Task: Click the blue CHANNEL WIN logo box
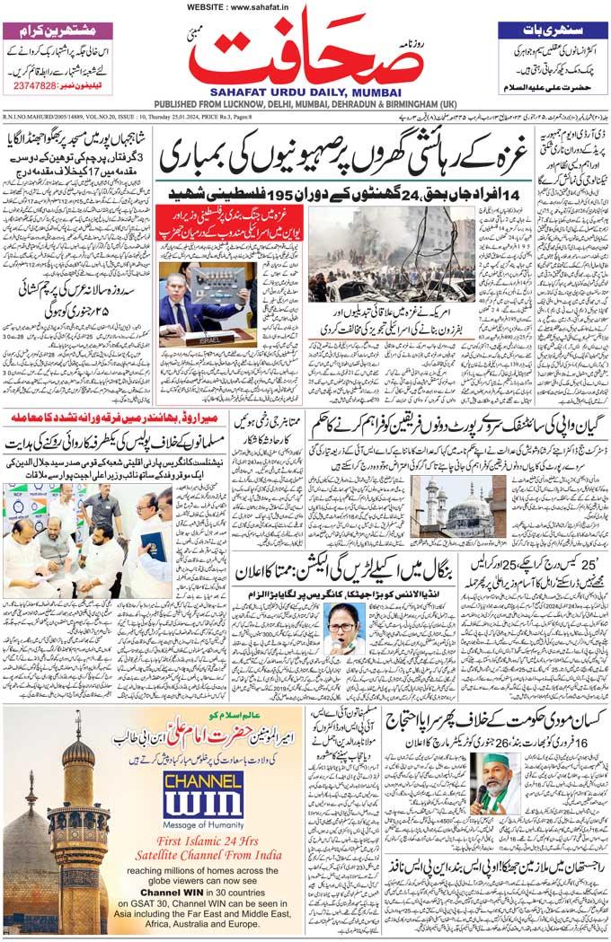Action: pos(203,792)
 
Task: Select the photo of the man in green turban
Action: pos(493,781)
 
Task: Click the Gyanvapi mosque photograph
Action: pos(458,506)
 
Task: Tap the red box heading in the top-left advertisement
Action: pos(59,30)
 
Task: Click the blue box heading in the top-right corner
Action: pos(552,30)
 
